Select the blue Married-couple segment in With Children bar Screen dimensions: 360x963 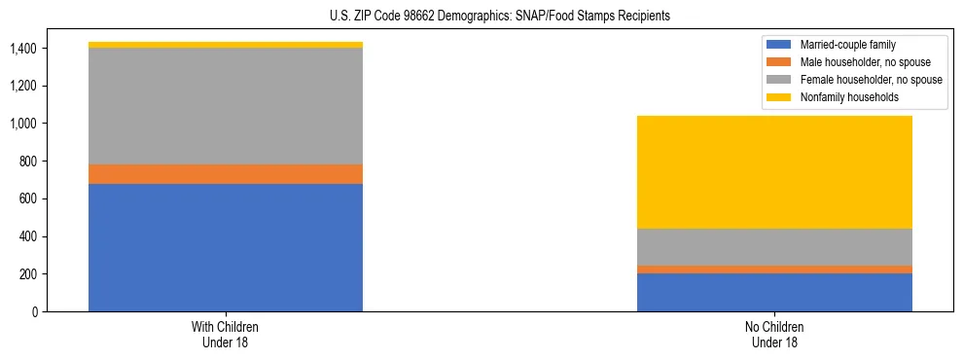click(226, 247)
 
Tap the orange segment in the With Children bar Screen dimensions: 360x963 click(226, 174)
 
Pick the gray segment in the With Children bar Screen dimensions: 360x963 click(226, 106)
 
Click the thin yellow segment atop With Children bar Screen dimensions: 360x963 click(226, 45)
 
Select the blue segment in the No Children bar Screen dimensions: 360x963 click(774, 292)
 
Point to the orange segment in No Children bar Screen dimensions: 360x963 click(774, 270)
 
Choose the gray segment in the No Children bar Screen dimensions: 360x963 click(774, 247)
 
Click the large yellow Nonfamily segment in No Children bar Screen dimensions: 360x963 click(774, 172)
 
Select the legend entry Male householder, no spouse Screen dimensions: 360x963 click(857, 62)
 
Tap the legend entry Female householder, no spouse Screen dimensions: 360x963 click(861, 80)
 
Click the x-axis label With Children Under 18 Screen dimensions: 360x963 click(226, 335)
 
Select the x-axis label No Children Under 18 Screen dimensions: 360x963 click(774, 335)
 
